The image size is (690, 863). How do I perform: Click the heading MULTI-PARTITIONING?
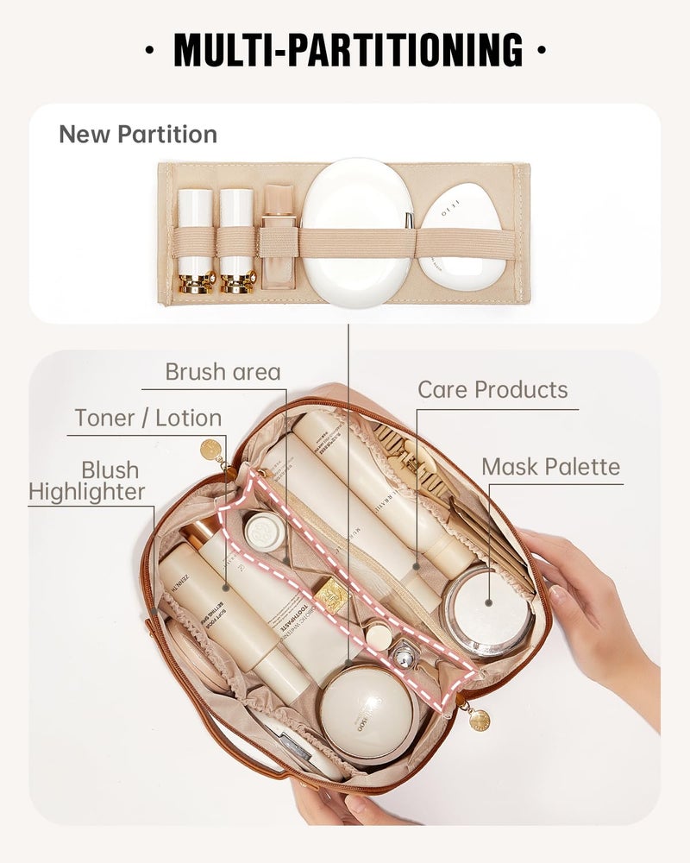(x=347, y=49)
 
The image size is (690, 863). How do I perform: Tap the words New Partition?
(x=138, y=135)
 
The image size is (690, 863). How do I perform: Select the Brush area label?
(x=223, y=372)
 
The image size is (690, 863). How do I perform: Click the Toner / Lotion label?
(x=147, y=419)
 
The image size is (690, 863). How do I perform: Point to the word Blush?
(x=110, y=470)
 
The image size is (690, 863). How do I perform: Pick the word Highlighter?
(x=87, y=493)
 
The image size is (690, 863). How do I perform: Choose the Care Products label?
(x=492, y=390)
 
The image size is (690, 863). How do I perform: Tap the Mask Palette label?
(x=550, y=468)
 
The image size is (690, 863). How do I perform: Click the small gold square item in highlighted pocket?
(x=331, y=595)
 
